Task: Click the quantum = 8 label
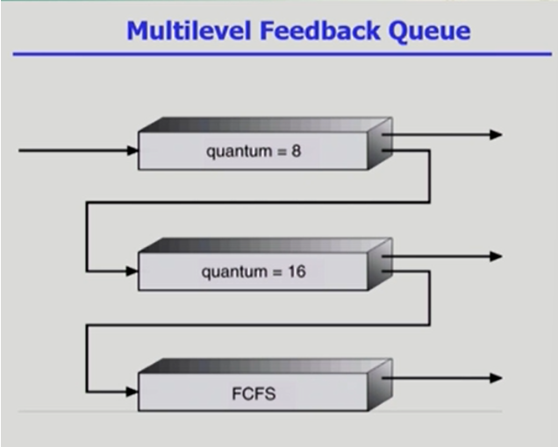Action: pyautogui.click(x=254, y=151)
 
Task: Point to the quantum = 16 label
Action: pyautogui.click(x=254, y=272)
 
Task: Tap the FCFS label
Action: pyautogui.click(x=254, y=393)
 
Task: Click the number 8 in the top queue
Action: pyautogui.click(x=297, y=151)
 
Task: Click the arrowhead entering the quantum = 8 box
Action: pyautogui.click(x=132, y=151)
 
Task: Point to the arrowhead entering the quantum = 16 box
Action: pyautogui.click(x=132, y=272)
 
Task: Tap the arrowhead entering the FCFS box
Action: pyautogui.click(x=132, y=391)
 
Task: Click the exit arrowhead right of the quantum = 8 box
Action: pyautogui.click(x=497, y=135)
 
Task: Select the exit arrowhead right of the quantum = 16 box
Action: pyautogui.click(x=497, y=257)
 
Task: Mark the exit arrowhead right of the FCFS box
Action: pyautogui.click(x=497, y=378)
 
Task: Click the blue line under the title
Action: pyautogui.click(x=281, y=54)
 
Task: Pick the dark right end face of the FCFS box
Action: pyautogui.click(x=379, y=385)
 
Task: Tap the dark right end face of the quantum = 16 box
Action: pyautogui.click(x=379, y=264)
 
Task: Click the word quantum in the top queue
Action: pyautogui.click(x=237, y=152)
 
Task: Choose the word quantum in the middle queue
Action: pyautogui.click(x=232, y=273)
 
